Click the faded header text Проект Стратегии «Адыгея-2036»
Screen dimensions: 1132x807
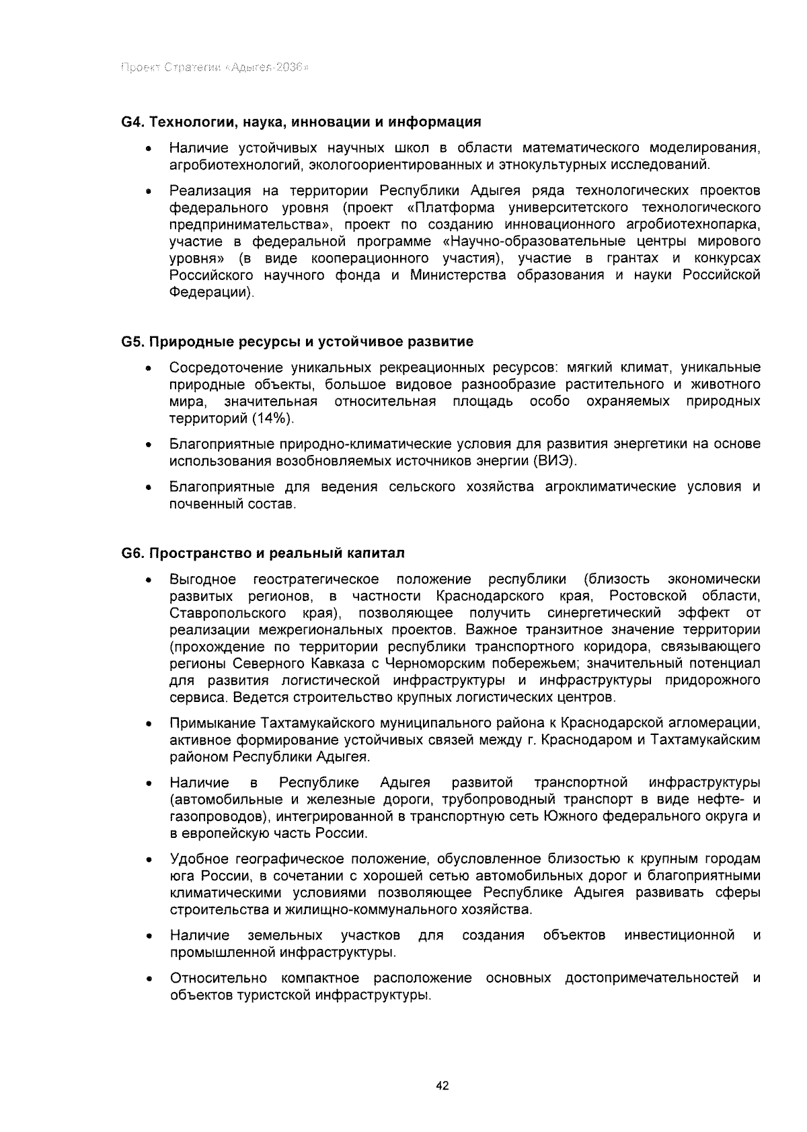(x=215, y=68)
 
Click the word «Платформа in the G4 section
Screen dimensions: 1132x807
(x=442, y=207)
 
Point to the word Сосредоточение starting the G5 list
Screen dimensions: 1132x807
(x=225, y=367)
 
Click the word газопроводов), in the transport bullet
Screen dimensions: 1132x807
(x=215, y=816)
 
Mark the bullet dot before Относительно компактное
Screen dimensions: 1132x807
(x=147, y=979)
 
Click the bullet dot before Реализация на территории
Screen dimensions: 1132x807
(x=147, y=192)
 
